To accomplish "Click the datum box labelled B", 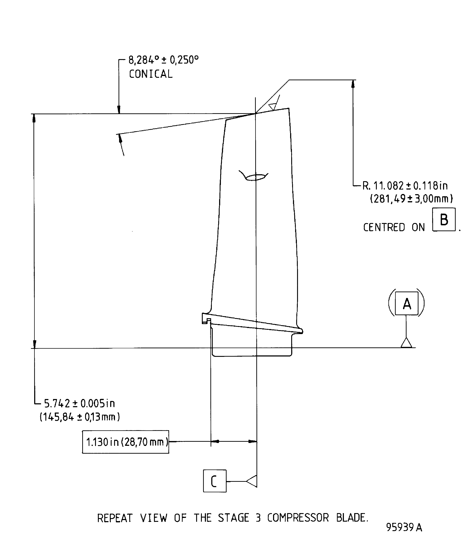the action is pyautogui.click(x=444, y=219).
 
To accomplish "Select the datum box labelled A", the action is pyautogui.click(x=407, y=303).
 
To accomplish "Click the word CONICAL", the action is pyautogui.click(x=151, y=74).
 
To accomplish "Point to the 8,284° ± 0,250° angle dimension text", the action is pyautogui.click(x=163, y=60).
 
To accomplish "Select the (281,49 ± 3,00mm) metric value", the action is pyautogui.click(x=411, y=198).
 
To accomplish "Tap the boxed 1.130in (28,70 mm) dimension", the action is pyautogui.click(x=126, y=442).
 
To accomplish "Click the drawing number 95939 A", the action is pyautogui.click(x=404, y=527).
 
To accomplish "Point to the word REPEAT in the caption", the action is pyautogui.click(x=115, y=518).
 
